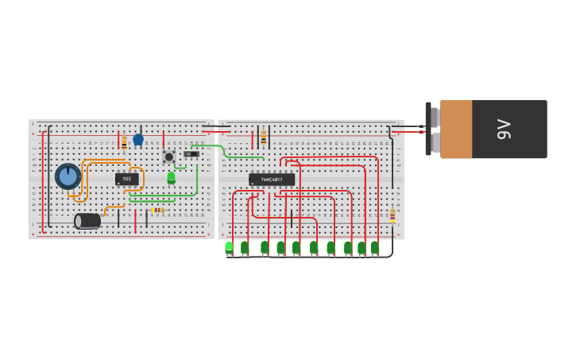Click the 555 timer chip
(x=126, y=180)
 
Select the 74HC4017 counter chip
(x=272, y=180)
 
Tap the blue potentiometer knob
(x=68, y=176)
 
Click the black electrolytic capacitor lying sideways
(x=87, y=221)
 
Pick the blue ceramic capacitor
(x=138, y=140)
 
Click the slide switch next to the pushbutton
(x=191, y=154)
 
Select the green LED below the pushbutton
(x=171, y=177)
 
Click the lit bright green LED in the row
(x=229, y=247)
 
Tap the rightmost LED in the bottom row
(x=374, y=247)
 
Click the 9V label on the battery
(x=504, y=129)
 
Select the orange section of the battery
(x=456, y=129)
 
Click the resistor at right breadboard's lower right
(x=392, y=215)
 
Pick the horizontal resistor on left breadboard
(x=157, y=210)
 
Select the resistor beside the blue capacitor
(x=124, y=142)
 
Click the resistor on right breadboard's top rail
(x=264, y=137)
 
